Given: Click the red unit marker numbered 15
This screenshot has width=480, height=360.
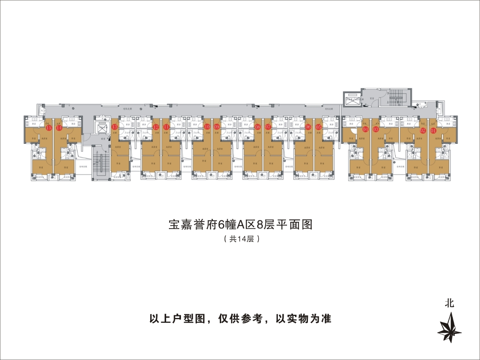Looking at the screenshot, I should pos(49,128).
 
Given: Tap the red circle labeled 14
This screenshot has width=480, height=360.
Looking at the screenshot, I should pos(59,128).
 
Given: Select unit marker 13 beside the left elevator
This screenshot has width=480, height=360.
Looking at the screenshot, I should pos(115,127).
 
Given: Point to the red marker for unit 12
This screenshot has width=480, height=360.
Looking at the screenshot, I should pos(156,127).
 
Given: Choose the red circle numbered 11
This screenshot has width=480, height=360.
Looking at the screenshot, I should pos(166,127).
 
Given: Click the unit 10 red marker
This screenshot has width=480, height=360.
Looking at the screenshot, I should pos(207,127).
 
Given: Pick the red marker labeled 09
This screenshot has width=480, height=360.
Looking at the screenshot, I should pos(217,127).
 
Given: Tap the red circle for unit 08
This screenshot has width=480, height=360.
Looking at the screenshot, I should pos(258,127).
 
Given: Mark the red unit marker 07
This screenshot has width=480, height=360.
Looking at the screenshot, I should pos(268,127).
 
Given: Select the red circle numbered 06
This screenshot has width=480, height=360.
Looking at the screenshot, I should pos(308,127).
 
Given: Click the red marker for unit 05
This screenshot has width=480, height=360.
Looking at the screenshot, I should pos(319,127).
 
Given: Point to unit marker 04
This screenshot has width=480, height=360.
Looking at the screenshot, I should pos(365,129).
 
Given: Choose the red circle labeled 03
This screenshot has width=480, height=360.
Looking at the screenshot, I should pos(376,129).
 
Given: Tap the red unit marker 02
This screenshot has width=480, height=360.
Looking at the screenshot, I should pos(422,130).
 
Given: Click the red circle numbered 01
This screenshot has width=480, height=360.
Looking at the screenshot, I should pos(433,130).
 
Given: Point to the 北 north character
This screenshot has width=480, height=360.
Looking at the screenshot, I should pos(450,303).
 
